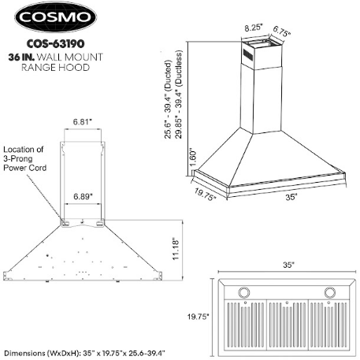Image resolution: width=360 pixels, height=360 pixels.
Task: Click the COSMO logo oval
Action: coord(55,17)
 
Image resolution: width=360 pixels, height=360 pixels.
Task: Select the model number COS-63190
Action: coord(55,44)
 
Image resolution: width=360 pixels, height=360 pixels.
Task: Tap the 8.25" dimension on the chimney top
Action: coord(254,28)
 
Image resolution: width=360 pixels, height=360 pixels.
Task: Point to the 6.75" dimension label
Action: coord(281,32)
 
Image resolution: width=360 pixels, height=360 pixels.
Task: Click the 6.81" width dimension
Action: coord(83,122)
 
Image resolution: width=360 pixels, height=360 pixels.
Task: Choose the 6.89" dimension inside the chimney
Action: coord(83,196)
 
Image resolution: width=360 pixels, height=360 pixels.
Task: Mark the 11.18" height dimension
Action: coord(176,249)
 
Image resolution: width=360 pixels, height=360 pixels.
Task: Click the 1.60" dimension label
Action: coord(193,158)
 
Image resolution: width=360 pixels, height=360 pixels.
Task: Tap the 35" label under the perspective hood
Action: coord(291,197)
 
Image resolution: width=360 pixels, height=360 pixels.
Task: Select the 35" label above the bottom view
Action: coord(288,265)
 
